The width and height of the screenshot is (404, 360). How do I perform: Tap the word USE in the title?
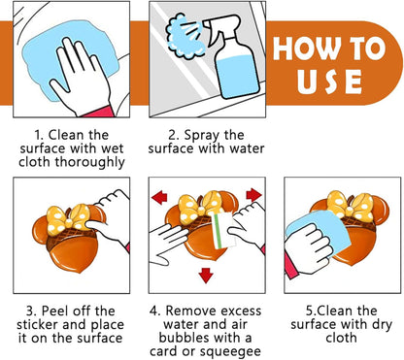[329, 82]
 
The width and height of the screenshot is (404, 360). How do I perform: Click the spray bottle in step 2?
[233, 58]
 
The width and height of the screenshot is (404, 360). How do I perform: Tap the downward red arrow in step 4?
[206, 276]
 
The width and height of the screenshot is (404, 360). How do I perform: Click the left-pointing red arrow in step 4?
[159, 197]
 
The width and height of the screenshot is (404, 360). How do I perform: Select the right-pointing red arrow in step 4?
[254, 195]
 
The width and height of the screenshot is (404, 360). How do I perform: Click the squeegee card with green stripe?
[224, 230]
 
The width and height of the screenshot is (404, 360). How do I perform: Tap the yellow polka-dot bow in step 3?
[68, 218]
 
